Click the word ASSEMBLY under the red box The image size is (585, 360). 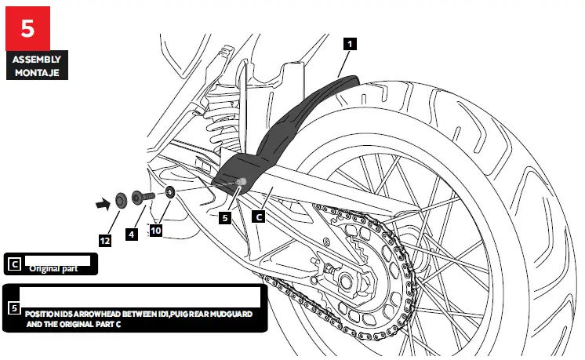point(35,60)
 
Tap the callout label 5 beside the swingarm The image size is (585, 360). point(225,220)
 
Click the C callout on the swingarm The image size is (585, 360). point(258,213)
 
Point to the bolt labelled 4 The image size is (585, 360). point(145,196)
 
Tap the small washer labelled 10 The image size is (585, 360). point(170,192)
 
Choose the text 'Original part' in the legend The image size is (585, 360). point(55,268)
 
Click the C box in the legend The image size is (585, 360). point(13,264)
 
